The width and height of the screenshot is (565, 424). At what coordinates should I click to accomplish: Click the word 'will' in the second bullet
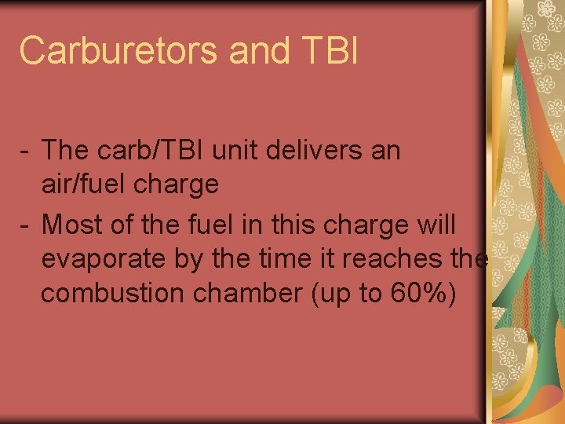tap(433, 224)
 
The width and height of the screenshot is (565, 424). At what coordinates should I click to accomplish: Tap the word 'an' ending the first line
tap(385, 151)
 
